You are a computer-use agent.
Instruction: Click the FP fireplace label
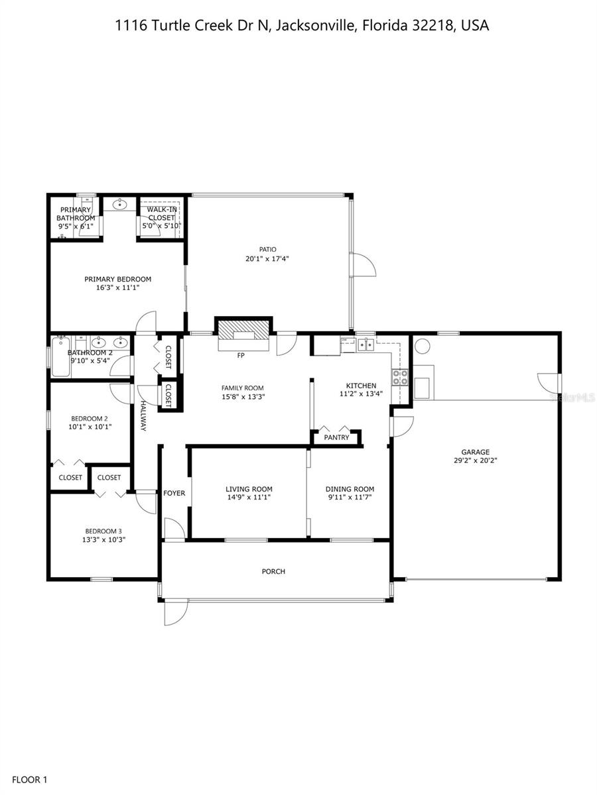(241, 355)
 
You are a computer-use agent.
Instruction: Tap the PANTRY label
(336, 437)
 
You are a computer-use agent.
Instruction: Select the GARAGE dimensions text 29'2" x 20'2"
(476, 461)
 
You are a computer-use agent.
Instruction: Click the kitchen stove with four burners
(400, 377)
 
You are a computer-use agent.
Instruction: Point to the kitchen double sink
(365, 344)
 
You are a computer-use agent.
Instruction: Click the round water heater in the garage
(422, 345)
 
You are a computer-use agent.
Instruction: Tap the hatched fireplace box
(243, 329)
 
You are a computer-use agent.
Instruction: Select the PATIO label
(267, 249)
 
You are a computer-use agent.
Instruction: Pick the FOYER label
(174, 493)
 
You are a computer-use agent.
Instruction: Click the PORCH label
(273, 571)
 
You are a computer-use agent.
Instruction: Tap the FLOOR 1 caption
(30, 780)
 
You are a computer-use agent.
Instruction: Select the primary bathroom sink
(117, 204)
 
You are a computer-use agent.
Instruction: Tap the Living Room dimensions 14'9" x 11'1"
(249, 498)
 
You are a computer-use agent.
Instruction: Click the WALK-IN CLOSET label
(162, 214)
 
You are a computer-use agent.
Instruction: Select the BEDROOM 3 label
(103, 531)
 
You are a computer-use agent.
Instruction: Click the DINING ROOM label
(350, 489)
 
